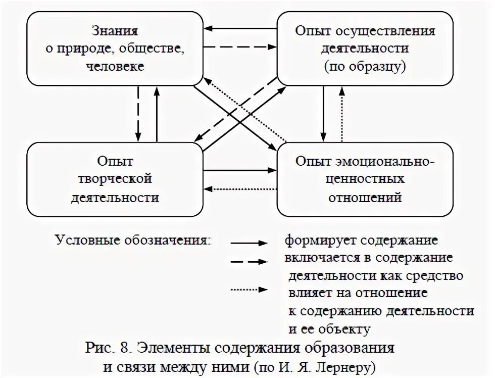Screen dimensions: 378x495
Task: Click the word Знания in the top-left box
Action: tap(115, 31)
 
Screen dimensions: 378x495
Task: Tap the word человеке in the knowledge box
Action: tap(115, 66)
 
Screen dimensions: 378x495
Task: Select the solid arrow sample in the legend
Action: tap(249, 243)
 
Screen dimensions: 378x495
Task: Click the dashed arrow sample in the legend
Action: tap(249, 262)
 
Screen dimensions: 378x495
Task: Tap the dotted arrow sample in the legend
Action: tap(249, 290)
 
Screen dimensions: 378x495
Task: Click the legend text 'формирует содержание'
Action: tap(361, 240)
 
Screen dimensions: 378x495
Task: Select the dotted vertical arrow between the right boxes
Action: tap(342, 114)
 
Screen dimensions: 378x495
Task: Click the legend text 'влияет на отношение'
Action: tap(358, 293)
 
